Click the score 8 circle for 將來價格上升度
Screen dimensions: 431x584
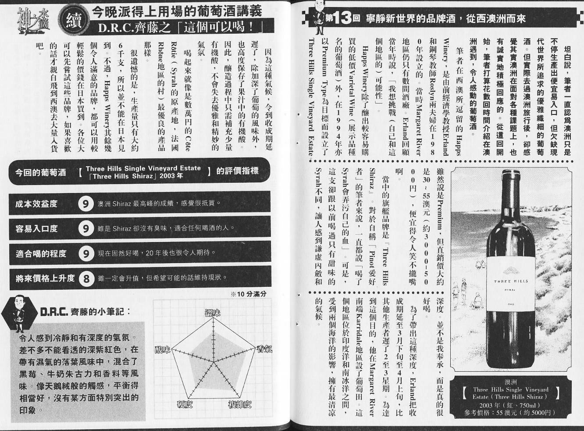click(x=86, y=278)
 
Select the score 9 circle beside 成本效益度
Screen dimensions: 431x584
click(x=86, y=204)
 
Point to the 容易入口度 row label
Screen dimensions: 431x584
click(x=36, y=228)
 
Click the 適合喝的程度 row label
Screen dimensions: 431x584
click(x=41, y=253)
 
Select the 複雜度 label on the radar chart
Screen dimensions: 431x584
click(x=239, y=404)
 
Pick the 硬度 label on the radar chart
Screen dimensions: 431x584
click(x=184, y=404)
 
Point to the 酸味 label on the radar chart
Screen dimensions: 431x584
click(x=163, y=349)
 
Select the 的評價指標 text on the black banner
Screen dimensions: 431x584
click(x=237, y=171)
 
